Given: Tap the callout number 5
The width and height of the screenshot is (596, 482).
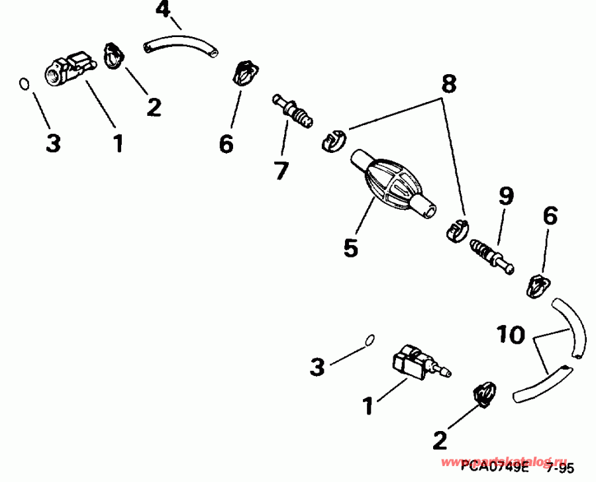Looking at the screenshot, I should (x=350, y=247).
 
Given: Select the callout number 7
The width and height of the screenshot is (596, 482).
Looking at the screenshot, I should (x=281, y=170).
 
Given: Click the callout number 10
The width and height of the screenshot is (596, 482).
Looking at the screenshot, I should (x=511, y=335).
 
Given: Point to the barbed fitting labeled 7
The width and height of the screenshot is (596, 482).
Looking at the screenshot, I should (x=294, y=112).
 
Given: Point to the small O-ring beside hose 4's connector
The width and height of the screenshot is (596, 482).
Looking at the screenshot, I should (x=23, y=84).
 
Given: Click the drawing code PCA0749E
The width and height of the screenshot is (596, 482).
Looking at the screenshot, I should (x=493, y=467).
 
